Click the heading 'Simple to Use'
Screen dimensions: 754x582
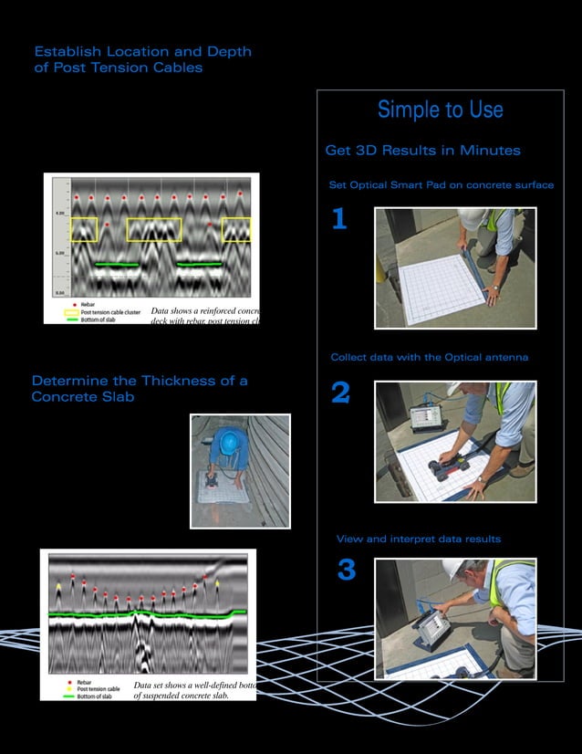point(440,110)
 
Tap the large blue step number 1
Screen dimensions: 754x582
point(338,220)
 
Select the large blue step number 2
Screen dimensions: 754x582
point(339,393)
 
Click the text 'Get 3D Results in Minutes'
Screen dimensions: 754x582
point(422,151)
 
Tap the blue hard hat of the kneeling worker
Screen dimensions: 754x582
point(228,440)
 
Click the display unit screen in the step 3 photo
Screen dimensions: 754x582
point(428,632)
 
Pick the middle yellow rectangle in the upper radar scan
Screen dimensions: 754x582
point(154,229)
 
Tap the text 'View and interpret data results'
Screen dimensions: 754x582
point(418,539)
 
